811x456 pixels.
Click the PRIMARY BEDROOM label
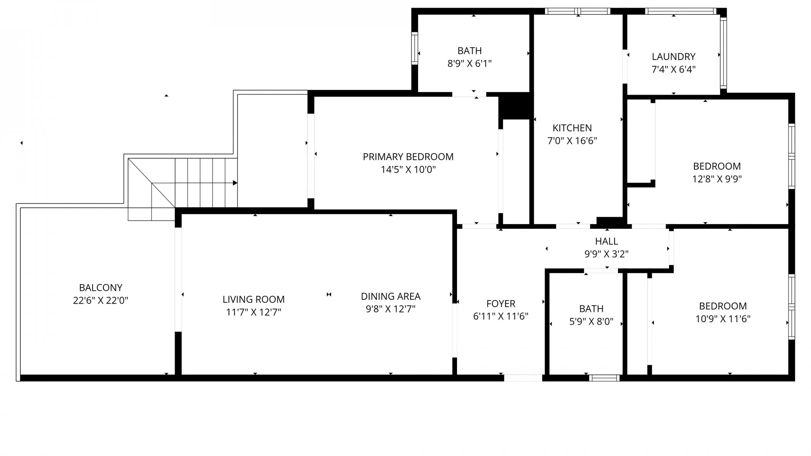tap(408, 157)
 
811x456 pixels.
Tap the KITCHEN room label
tap(572, 128)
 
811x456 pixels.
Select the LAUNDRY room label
tap(673, 57)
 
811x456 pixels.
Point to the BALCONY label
tap(101, 288)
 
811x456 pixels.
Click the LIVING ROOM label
tap(253, 299)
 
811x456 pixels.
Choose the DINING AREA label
tap(391, 296)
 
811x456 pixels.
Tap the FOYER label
tap(501, 304)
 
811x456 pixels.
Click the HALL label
tap(607, 241)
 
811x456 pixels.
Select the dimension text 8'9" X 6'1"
tap(470, 64)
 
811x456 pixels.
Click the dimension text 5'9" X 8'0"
tap(591, 322)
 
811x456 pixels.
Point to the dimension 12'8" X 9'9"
tap(717, 179)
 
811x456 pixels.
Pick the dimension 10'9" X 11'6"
tap(723, 319)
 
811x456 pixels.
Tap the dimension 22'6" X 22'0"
tap(101, 301)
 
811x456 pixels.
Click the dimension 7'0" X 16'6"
tap(572, 141)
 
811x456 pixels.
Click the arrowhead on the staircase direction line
tap(235, 183)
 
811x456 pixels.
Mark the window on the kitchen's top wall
tap(577, 11)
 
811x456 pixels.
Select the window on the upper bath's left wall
tap(415, 48)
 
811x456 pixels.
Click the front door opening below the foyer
tap(523, 378)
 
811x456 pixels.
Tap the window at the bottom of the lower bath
tap(604, 378)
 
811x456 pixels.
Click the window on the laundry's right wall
tap(724, 53)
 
